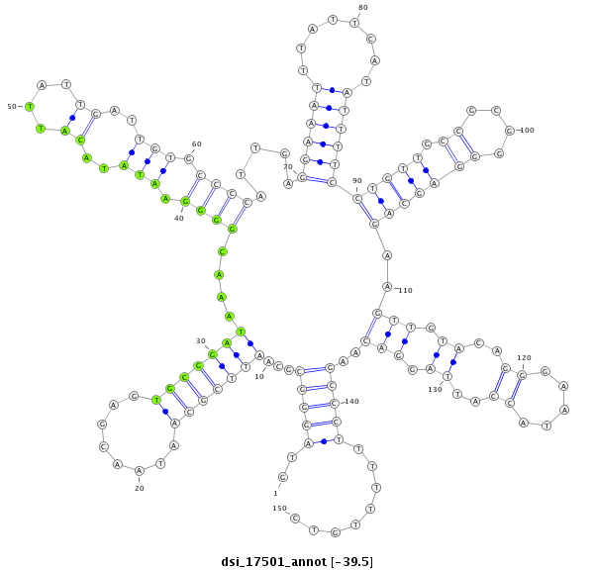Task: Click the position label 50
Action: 12,106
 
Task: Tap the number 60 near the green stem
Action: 196,144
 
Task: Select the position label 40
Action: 179,218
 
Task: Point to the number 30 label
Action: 201,340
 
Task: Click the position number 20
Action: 140,488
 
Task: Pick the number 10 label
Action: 259,376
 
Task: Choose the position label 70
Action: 288,166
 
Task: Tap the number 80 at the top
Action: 363,8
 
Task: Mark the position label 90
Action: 357,180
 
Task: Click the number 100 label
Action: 527,130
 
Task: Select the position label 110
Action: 405,291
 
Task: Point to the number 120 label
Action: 525,357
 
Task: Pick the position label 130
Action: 435,389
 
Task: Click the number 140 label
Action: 351,402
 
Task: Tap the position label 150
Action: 279,508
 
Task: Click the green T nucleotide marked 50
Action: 30,106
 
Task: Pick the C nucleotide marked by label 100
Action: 510,130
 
